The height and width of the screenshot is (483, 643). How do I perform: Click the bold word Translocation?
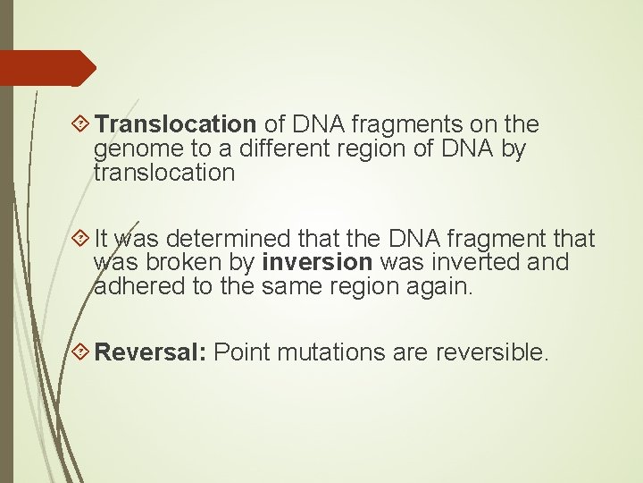176,124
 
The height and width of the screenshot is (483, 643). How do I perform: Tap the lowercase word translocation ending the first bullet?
164,173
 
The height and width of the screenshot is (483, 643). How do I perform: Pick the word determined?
228,239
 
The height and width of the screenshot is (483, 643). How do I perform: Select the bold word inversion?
317,263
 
